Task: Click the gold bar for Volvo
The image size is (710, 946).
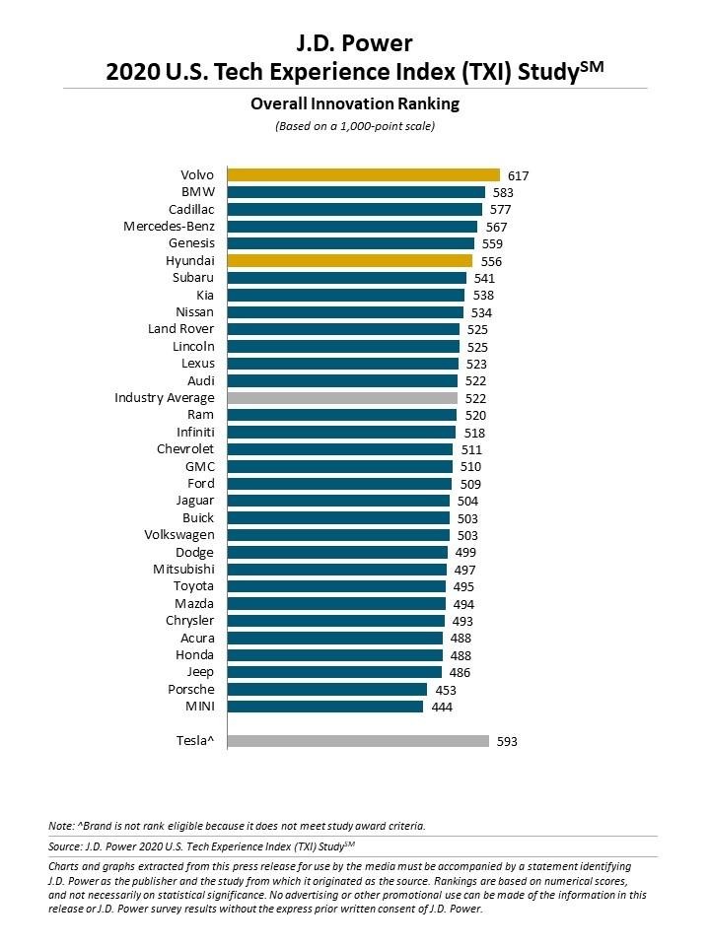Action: coord(363,175)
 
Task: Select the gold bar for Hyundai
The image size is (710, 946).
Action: coord(349,261)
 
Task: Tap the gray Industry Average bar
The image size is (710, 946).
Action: coord(342,398)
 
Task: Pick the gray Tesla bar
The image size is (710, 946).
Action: coord(358,741)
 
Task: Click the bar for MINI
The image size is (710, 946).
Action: coord(324,707)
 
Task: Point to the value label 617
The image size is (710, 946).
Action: coord(519,175)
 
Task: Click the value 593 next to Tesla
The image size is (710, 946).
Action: coord(507,741)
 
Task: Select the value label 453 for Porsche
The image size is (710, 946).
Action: coord(445,690)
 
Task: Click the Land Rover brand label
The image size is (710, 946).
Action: coord(181,329)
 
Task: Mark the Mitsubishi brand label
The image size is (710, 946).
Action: coord(183,570)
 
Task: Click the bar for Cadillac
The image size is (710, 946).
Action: coord(354,210)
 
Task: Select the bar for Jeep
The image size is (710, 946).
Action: coord(333,672)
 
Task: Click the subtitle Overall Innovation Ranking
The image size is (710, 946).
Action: coord(354,103)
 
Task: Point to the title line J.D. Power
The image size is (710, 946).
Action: coord(354,42)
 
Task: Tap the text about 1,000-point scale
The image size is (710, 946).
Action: coord(354,126)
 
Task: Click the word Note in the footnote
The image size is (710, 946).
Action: coord(60,826)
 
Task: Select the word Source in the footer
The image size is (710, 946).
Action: coord(67,846)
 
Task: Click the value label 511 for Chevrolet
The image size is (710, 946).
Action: coord(471,449)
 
